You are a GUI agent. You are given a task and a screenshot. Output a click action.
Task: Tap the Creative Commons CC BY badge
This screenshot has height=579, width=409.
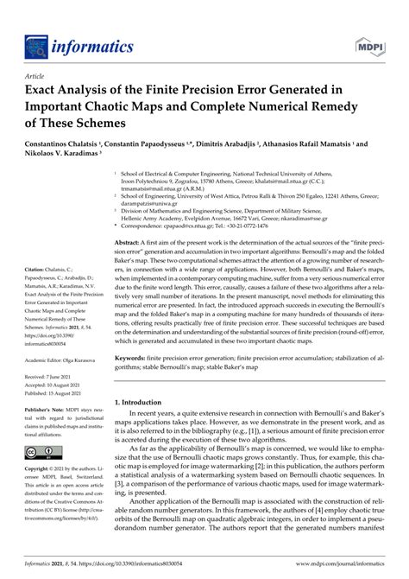point(41,451)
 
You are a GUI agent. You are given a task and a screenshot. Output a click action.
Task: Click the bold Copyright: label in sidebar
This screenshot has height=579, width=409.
point(40,468)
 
